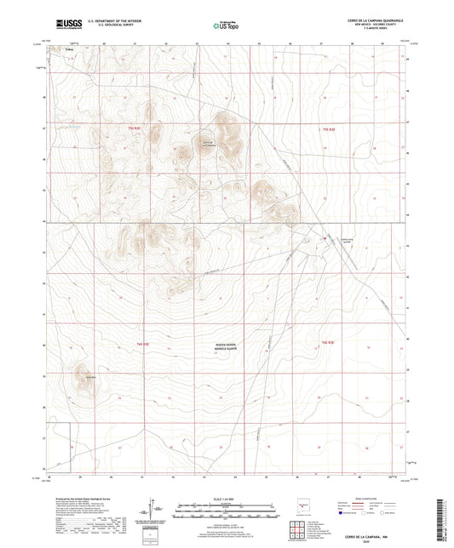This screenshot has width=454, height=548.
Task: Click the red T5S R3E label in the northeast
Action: point(325,128)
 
